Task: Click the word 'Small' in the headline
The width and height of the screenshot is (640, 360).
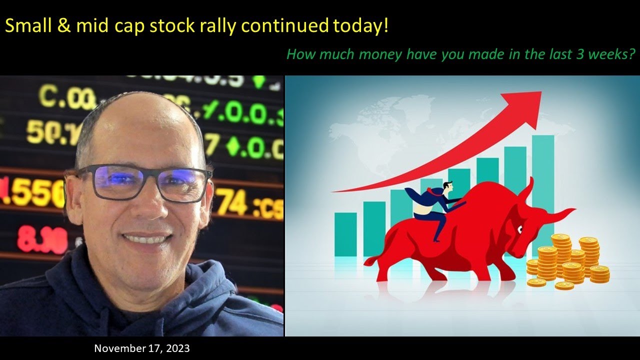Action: point(25,25)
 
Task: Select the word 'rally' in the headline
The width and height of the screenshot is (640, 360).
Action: point(210,25)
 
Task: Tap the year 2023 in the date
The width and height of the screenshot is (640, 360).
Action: point(177,348)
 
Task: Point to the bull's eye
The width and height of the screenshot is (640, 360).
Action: point(520,229)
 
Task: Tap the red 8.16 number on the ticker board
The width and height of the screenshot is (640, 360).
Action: point(42,239)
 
